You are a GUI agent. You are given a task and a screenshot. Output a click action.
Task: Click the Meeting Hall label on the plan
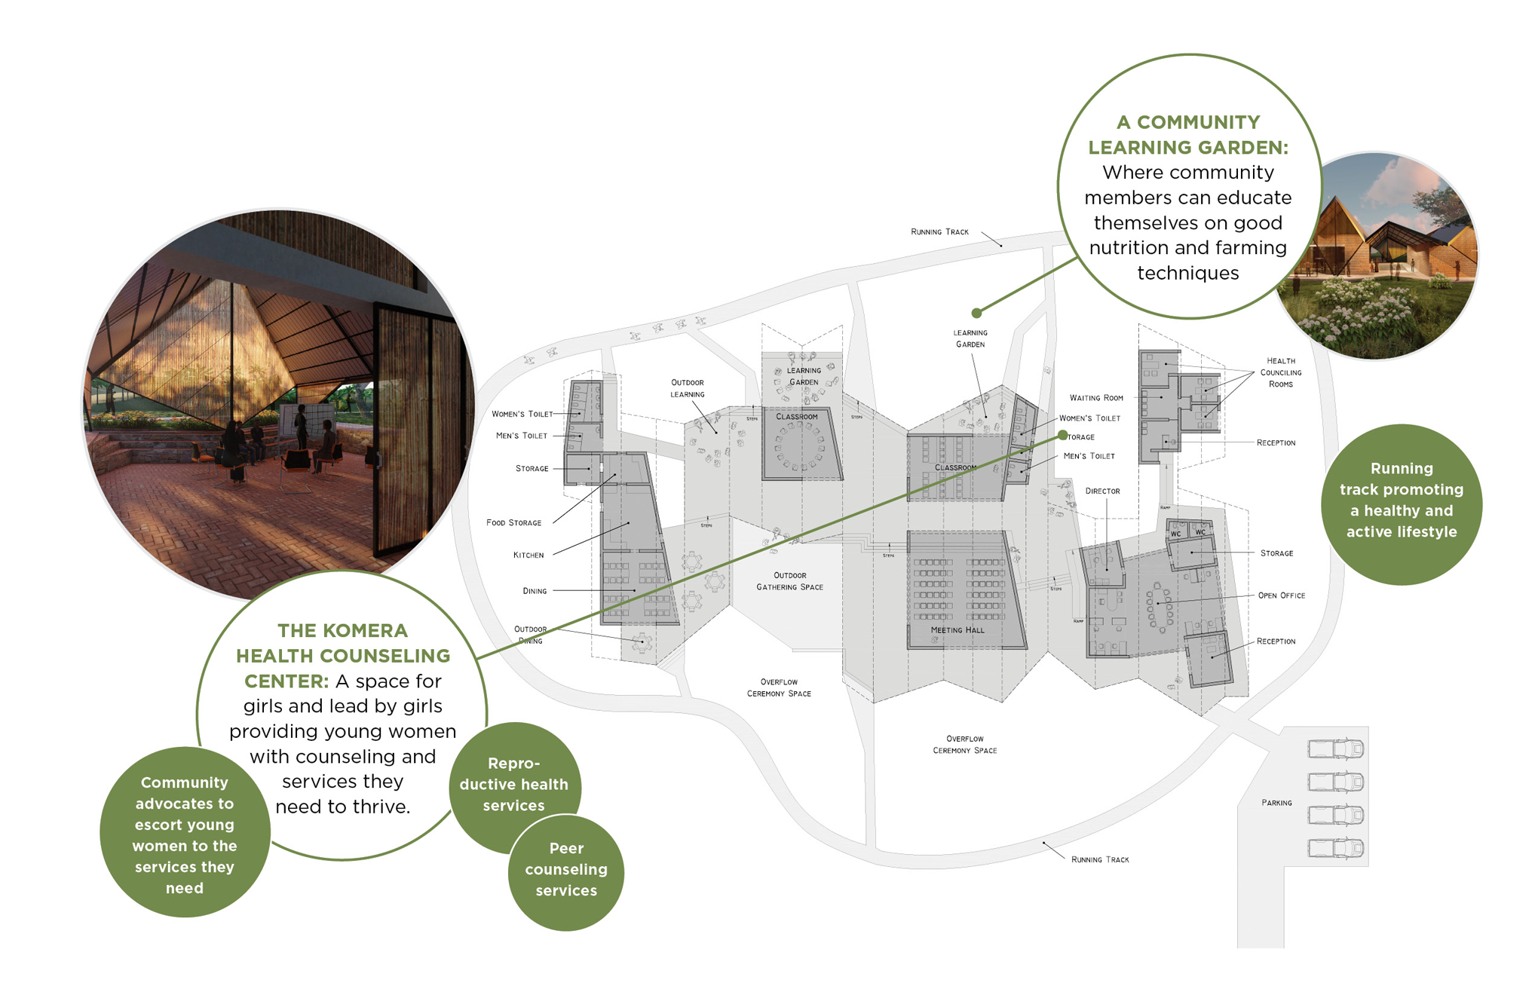point(957,630)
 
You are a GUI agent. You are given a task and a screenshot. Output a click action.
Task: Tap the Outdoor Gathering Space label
point(789,581)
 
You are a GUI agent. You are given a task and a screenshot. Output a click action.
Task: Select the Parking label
point(1276,803)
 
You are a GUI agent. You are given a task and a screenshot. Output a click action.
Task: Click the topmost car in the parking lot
point(1335,749)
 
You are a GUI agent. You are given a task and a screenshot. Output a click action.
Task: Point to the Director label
point(1102,491)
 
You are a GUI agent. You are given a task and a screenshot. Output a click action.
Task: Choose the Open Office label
point(1281,595)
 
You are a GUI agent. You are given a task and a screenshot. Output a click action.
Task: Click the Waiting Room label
point(1096,398)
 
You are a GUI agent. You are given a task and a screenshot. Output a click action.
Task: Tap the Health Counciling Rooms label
point(1280,372)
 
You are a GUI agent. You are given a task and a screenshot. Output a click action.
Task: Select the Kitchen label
point(528,556)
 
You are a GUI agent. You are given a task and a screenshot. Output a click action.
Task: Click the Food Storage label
point(513,523)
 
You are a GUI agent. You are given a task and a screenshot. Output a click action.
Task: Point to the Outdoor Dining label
point(531,635)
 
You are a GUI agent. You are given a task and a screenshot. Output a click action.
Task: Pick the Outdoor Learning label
point(687,388)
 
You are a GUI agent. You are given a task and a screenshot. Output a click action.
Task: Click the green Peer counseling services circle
point(566,871)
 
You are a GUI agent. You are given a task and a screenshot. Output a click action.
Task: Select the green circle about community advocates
point(184,834)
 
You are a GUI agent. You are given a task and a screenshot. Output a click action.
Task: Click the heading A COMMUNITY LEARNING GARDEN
point(1187,135)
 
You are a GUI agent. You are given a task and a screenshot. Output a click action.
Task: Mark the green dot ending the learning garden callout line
point(976,313)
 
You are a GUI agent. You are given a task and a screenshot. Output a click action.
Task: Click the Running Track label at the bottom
point(1099,860)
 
